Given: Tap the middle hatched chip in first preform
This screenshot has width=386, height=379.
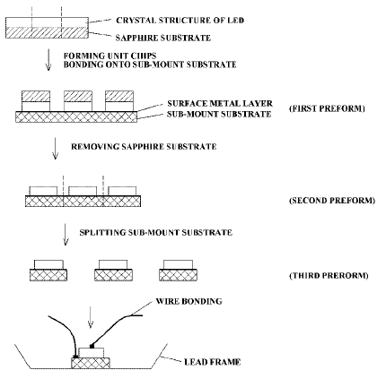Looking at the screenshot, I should coord(81,97).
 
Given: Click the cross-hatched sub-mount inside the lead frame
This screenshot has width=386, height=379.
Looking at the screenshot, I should coord(91,361).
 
